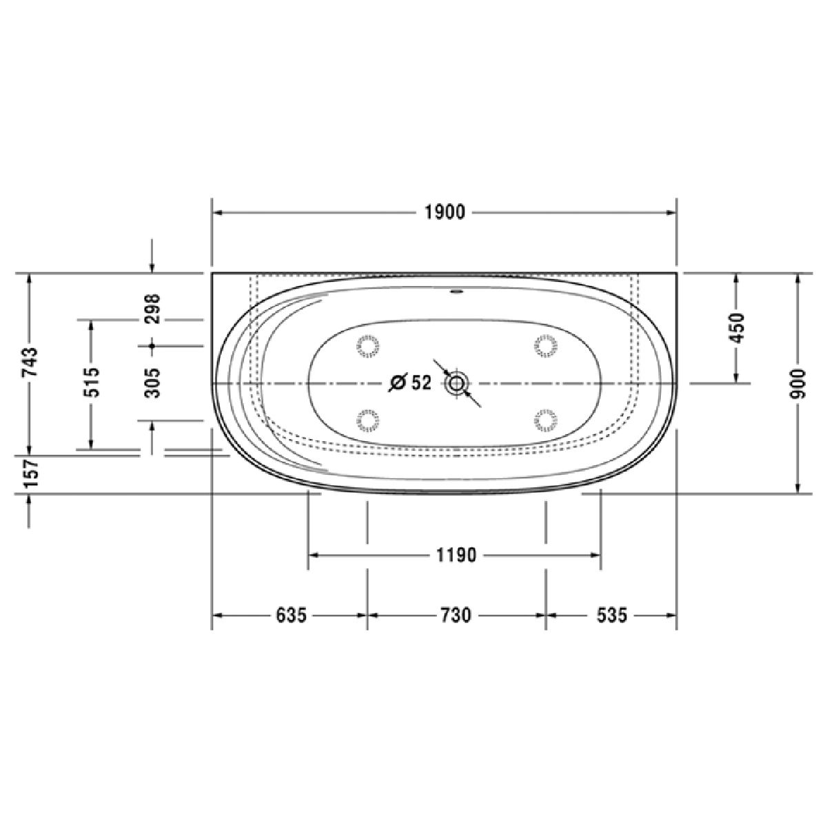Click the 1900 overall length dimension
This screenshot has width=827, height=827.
pyautogui.click(x=445, y=212)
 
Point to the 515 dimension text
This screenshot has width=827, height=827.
pyautogui.click(x=93, y=382)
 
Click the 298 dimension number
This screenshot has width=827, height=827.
pyautogui.click(x=153, y=309)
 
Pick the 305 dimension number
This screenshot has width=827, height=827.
pyautogui.click(x=153, y=383)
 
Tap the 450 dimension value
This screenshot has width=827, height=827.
pyautogui.click(x=737, y=328)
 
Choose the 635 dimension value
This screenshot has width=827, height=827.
pyautogui.click(x=292, y=615)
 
